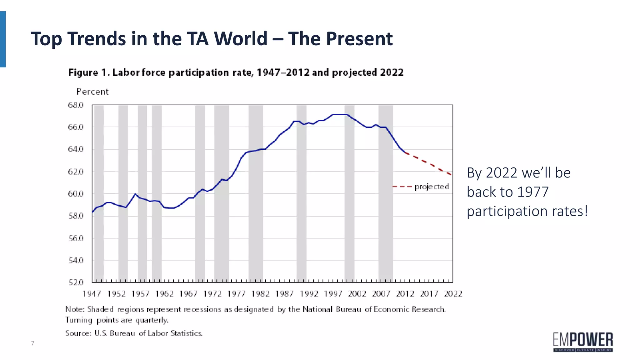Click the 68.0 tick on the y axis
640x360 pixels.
[x=76, y=105]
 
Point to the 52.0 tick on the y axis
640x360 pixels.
[x=76, y=282]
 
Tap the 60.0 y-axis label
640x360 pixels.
[x=76, y=194]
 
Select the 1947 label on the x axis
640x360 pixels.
[x=92, y=294]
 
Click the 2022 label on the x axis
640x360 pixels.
[x=453, y=294]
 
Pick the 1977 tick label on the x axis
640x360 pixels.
[x=236, y=294]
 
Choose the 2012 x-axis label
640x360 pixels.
[x=405, y=294]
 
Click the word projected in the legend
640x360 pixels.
[x=431, y=187]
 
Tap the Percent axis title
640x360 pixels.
[x=92, y=92]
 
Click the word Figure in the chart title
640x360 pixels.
[x=83, y=72]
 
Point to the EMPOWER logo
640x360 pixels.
[x=583, y=342]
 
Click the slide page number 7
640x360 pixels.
[x=32, y=343]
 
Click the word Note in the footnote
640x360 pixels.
[x=74, y=309]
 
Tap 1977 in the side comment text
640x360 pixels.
[x=533, y=192]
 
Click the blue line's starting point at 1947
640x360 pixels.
[x=92, y=212]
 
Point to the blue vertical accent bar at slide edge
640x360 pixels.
[x=3, y=39]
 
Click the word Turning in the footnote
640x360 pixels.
[x=79, y=320]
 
